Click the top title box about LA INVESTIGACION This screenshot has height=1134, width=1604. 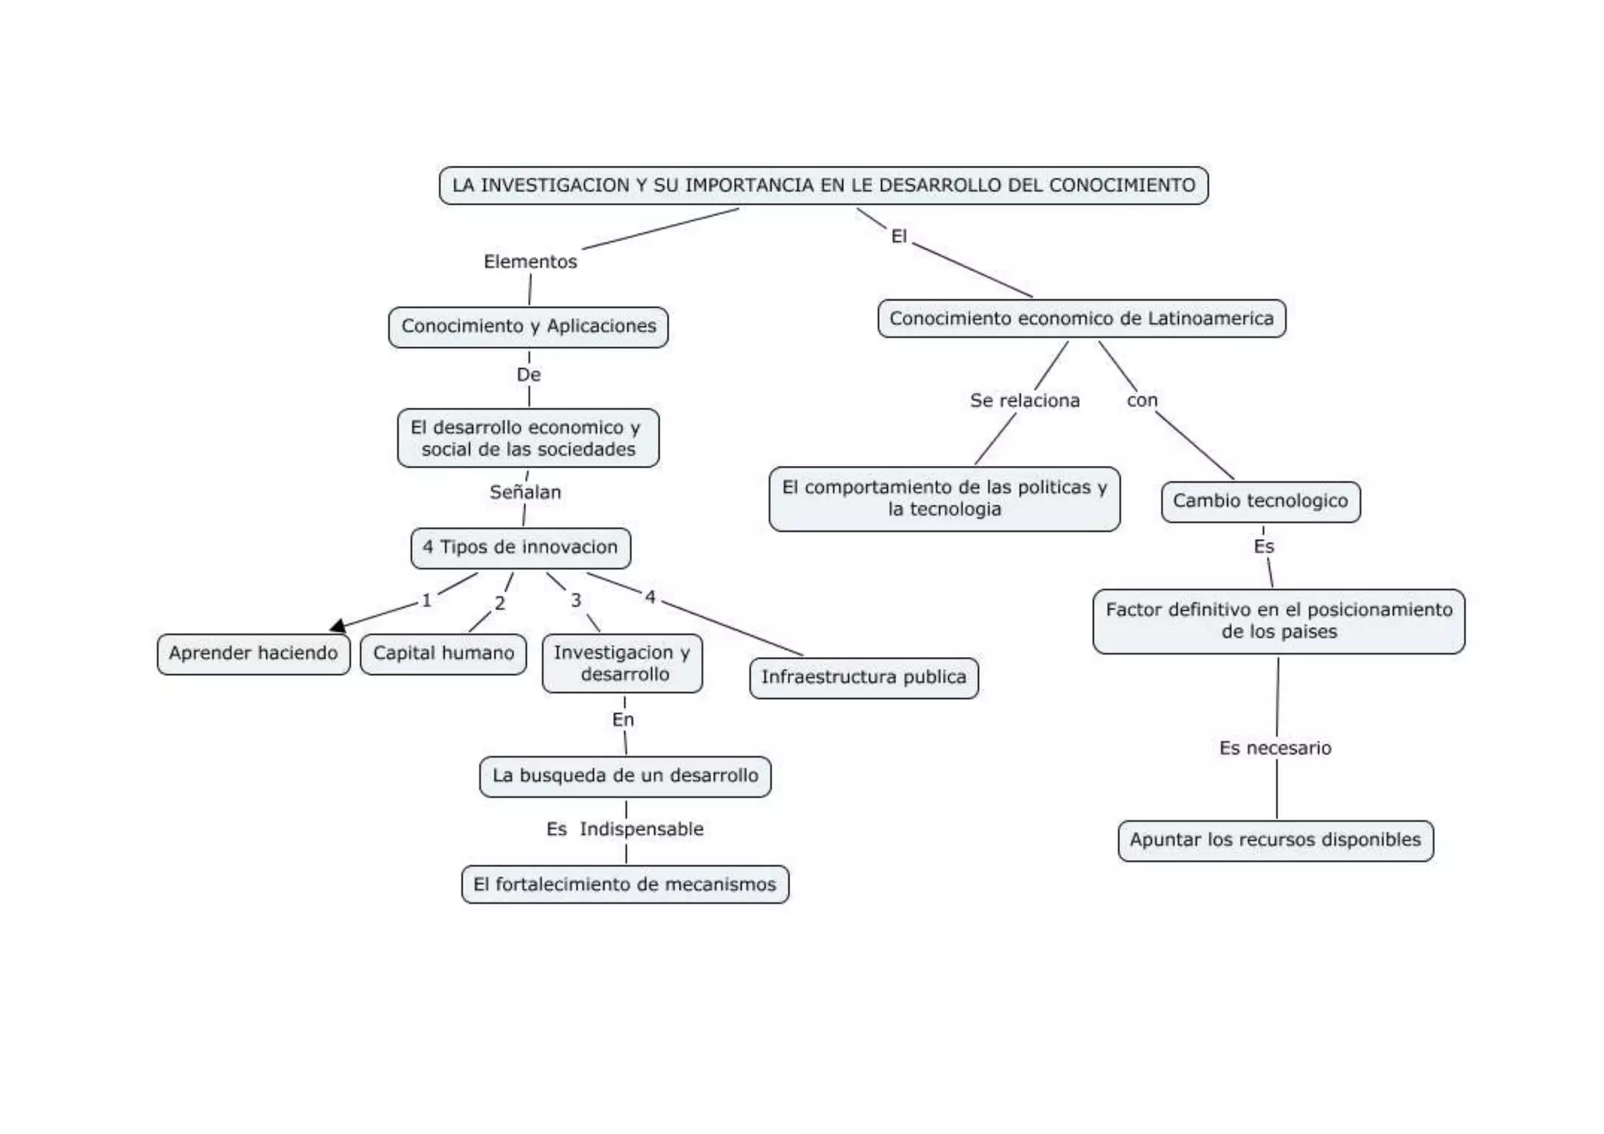coord(823,186)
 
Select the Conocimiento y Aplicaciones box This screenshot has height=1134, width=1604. coord(529,327)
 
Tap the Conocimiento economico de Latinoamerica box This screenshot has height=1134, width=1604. coord(1081,319)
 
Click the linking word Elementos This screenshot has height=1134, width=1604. coord(530,262)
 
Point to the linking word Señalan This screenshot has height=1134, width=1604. coord(525,493)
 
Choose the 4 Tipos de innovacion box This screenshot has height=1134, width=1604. coord(520,547)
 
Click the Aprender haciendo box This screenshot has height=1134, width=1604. coord(253,654)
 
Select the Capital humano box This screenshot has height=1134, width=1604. coord(443,654)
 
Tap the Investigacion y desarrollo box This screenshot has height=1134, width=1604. coord(622,663)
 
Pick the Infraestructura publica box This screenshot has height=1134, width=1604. coord(863,677)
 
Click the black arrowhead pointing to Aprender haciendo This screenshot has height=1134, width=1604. coord(338,626)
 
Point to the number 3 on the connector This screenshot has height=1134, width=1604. coord(576,601)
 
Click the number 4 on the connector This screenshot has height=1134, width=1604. coord(650,598)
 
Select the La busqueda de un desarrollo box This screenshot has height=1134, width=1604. coord(625,776)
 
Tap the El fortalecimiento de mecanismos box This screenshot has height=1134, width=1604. coord(625,885)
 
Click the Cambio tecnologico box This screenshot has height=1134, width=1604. coord(1260,501)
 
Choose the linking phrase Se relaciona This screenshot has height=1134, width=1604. coord(1024,401)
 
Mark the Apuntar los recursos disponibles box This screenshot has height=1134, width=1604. coord(1275,840)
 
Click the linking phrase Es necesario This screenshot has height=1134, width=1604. coord(1275,749)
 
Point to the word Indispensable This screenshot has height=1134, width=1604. coord(641,829)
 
